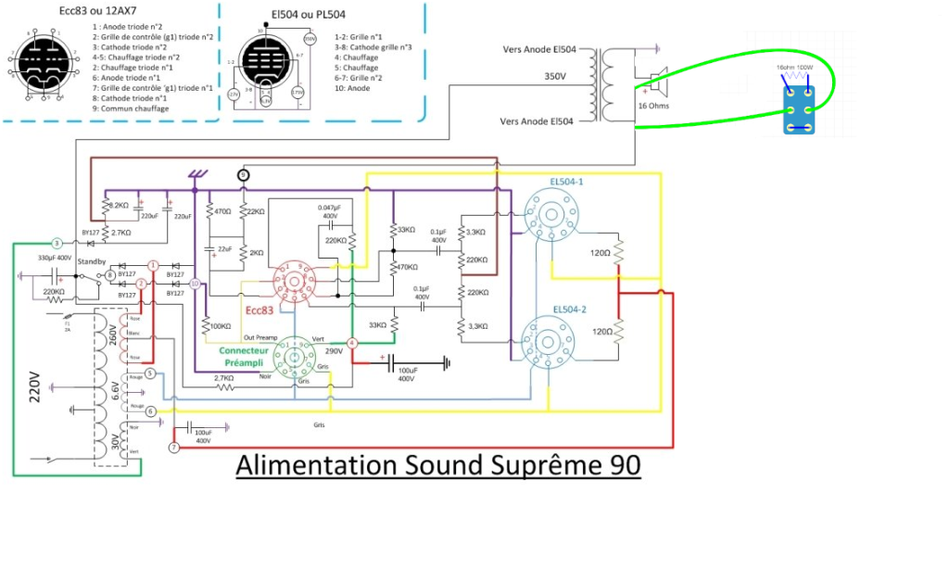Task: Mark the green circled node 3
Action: point(56,242)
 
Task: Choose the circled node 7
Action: point(172,449)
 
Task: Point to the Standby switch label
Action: point(92,262)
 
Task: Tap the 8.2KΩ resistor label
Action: point(116,205)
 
